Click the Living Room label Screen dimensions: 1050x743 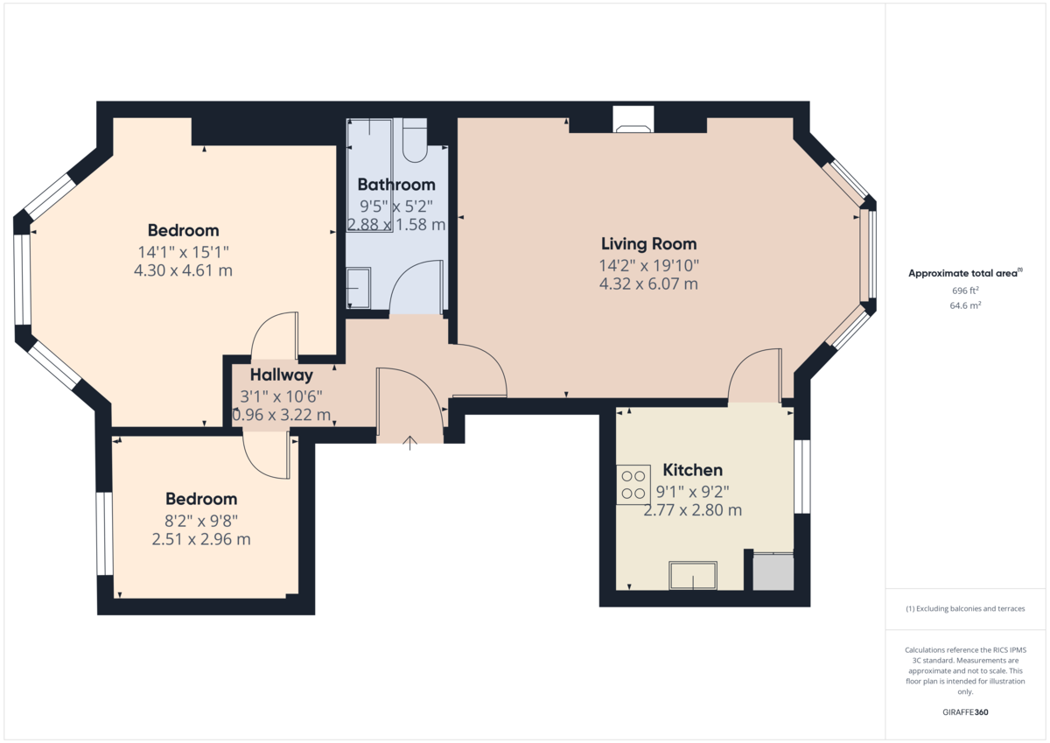click(648, 244)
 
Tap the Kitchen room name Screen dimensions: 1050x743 click(692, 470)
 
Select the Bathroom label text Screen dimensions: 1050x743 click(396, 185)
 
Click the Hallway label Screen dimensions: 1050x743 click(281, 375)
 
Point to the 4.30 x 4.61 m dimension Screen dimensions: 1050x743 click(183, 270)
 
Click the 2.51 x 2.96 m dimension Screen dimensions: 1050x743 click(201, 539)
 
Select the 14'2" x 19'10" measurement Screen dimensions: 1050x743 click(648, 266)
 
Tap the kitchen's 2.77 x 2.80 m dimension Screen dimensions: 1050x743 click(692, 510)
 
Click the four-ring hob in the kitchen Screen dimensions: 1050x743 click(633, 485)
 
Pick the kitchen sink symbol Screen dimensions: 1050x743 click(693, 575)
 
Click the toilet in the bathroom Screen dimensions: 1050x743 click(415, 140)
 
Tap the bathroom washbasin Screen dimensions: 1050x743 click(359, 288)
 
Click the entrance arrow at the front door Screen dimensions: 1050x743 click(410, 443)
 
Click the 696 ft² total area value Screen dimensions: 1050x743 click(965, 291)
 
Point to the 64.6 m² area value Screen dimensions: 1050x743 click(965, 305)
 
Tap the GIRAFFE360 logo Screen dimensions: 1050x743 click(965, 712)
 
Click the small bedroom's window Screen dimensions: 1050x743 click(104, 534)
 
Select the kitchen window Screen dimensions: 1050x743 click(802, 476)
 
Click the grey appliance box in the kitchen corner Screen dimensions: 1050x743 click(773, 571)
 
